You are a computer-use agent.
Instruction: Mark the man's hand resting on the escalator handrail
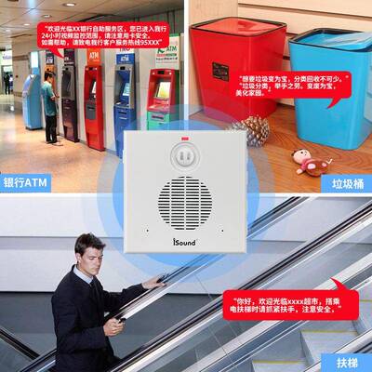[151, 282]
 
